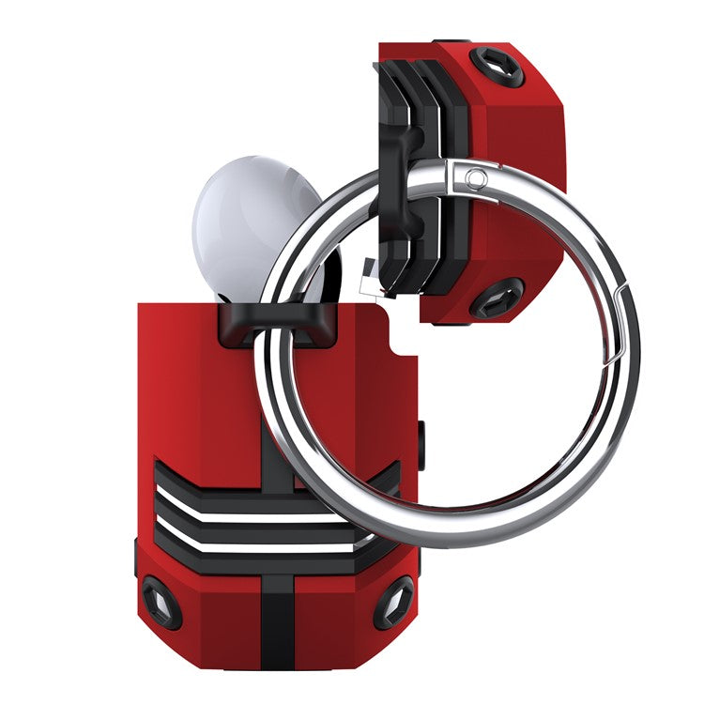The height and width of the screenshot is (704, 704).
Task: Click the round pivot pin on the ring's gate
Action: click(x=477, y=177)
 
